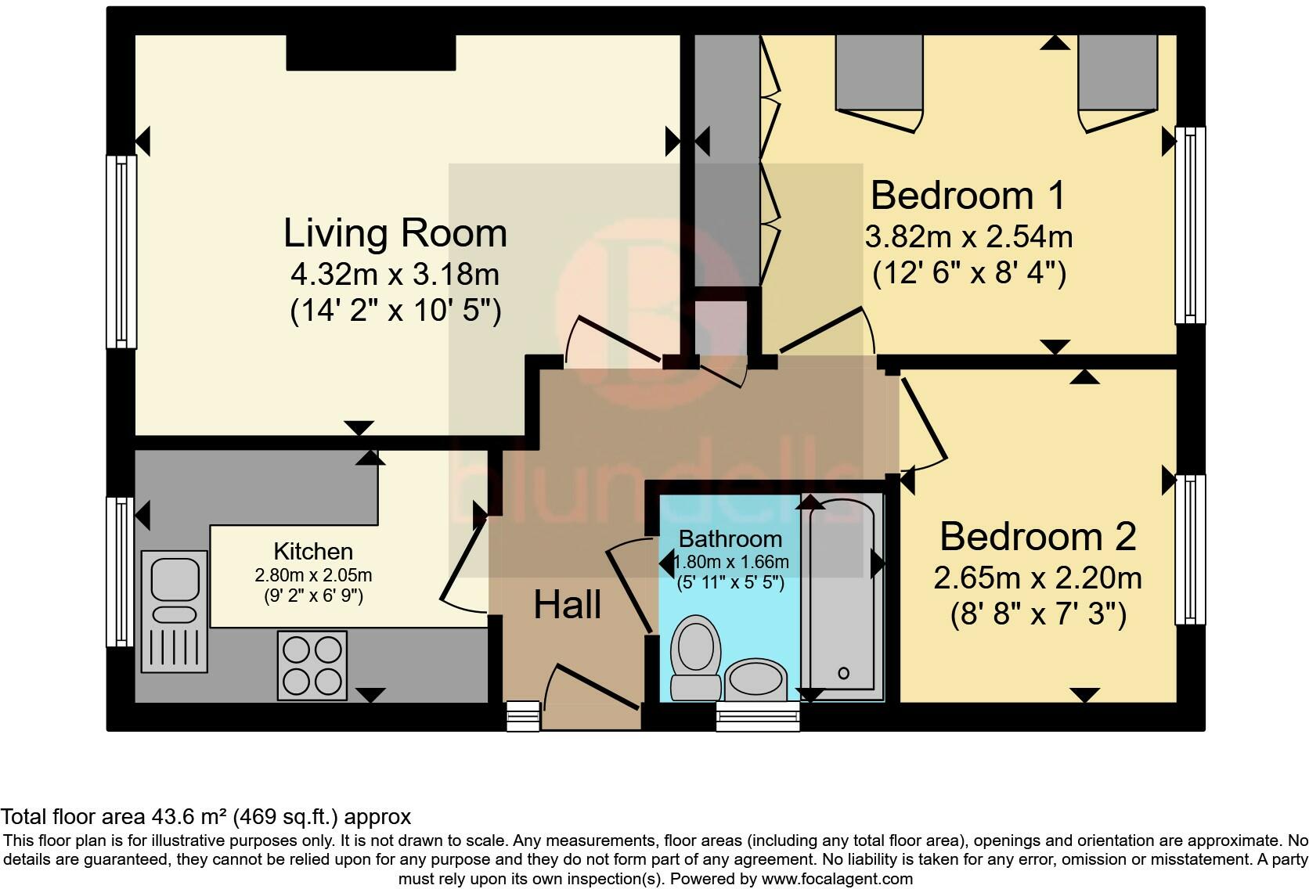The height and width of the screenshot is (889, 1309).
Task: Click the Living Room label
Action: click(x=395, y=233)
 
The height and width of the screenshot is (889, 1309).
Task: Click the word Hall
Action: click(x=568, y=605)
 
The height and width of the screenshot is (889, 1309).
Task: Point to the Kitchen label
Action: click(x=313, y=552)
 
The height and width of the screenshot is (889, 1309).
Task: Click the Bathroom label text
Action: click(x=730, y=538)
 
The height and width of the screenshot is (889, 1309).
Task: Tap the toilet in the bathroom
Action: click(x=695, y=657)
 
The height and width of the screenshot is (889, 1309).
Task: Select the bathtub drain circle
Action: click(x=843, y=673)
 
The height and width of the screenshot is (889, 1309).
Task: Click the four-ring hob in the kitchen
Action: click(x=312, y=665)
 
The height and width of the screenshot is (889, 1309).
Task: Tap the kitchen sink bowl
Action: click(x=175, y=578)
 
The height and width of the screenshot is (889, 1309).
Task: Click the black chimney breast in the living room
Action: click(x=370, y=53)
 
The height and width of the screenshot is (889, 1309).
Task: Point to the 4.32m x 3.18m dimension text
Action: click(x=395, y=275)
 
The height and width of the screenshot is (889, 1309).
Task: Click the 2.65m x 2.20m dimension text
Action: click(x=1038, y=578)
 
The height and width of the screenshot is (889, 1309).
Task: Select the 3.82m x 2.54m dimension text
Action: click(x=968, y=237)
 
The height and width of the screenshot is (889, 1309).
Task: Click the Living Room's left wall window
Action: click(x=121, y=252)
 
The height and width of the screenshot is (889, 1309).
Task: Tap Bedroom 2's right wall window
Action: click(x=1190, y=549)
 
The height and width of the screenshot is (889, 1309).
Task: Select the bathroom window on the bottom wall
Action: click(x=758, y=716)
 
